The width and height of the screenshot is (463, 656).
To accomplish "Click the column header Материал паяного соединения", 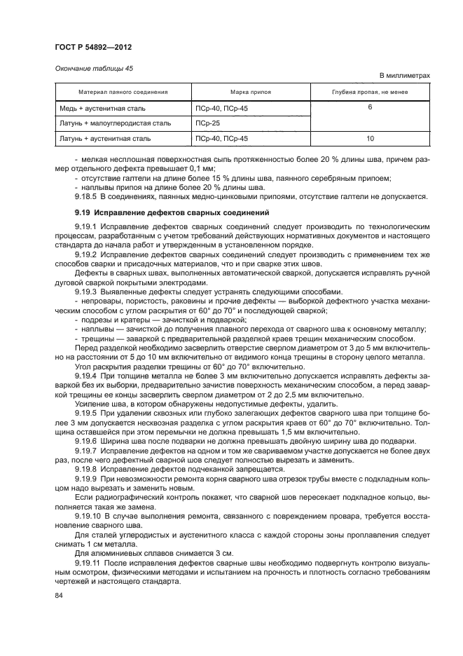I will click(x=123, y=93).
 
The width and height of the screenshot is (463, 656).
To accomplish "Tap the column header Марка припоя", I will click(x=251, y=93).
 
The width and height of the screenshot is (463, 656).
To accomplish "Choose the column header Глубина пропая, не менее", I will click(x=369, y=93).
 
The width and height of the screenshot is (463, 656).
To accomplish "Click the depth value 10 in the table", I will click(x=369, y=138).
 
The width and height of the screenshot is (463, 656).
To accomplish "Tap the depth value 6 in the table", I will click(x=369, y=108).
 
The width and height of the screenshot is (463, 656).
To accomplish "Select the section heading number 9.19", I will click(x=83, y=212).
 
